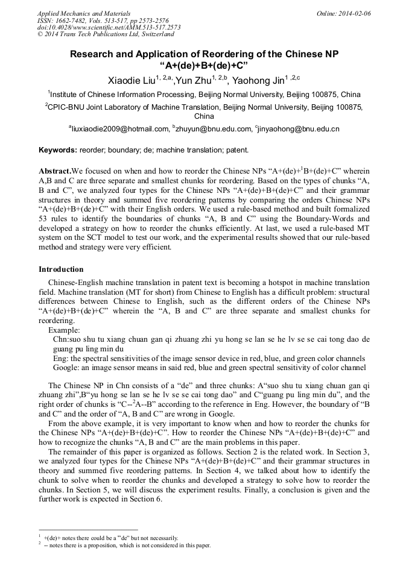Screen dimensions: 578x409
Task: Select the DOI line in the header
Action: (x=109, y=28)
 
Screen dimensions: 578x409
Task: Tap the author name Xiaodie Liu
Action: (x=130, y=81)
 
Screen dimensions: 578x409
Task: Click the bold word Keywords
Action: (x=59, y=149)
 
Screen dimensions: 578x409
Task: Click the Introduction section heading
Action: (x=61, y=269)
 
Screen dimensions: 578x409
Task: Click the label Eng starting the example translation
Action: (x=60, y=358)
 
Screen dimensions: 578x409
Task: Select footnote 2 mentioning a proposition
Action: (x=127, y=545)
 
